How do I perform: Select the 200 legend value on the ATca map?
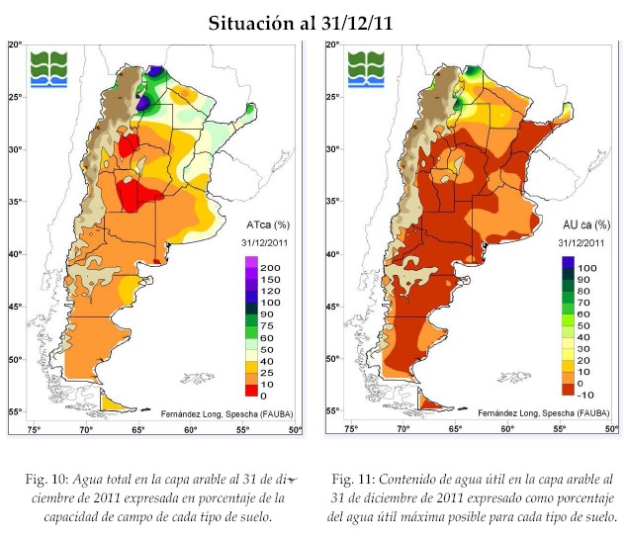[269, 269]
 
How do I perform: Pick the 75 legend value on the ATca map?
[267, 326]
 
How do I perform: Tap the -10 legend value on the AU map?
[586, 394]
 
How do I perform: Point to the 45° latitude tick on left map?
[15, 306]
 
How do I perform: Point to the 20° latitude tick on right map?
[331, 45]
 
